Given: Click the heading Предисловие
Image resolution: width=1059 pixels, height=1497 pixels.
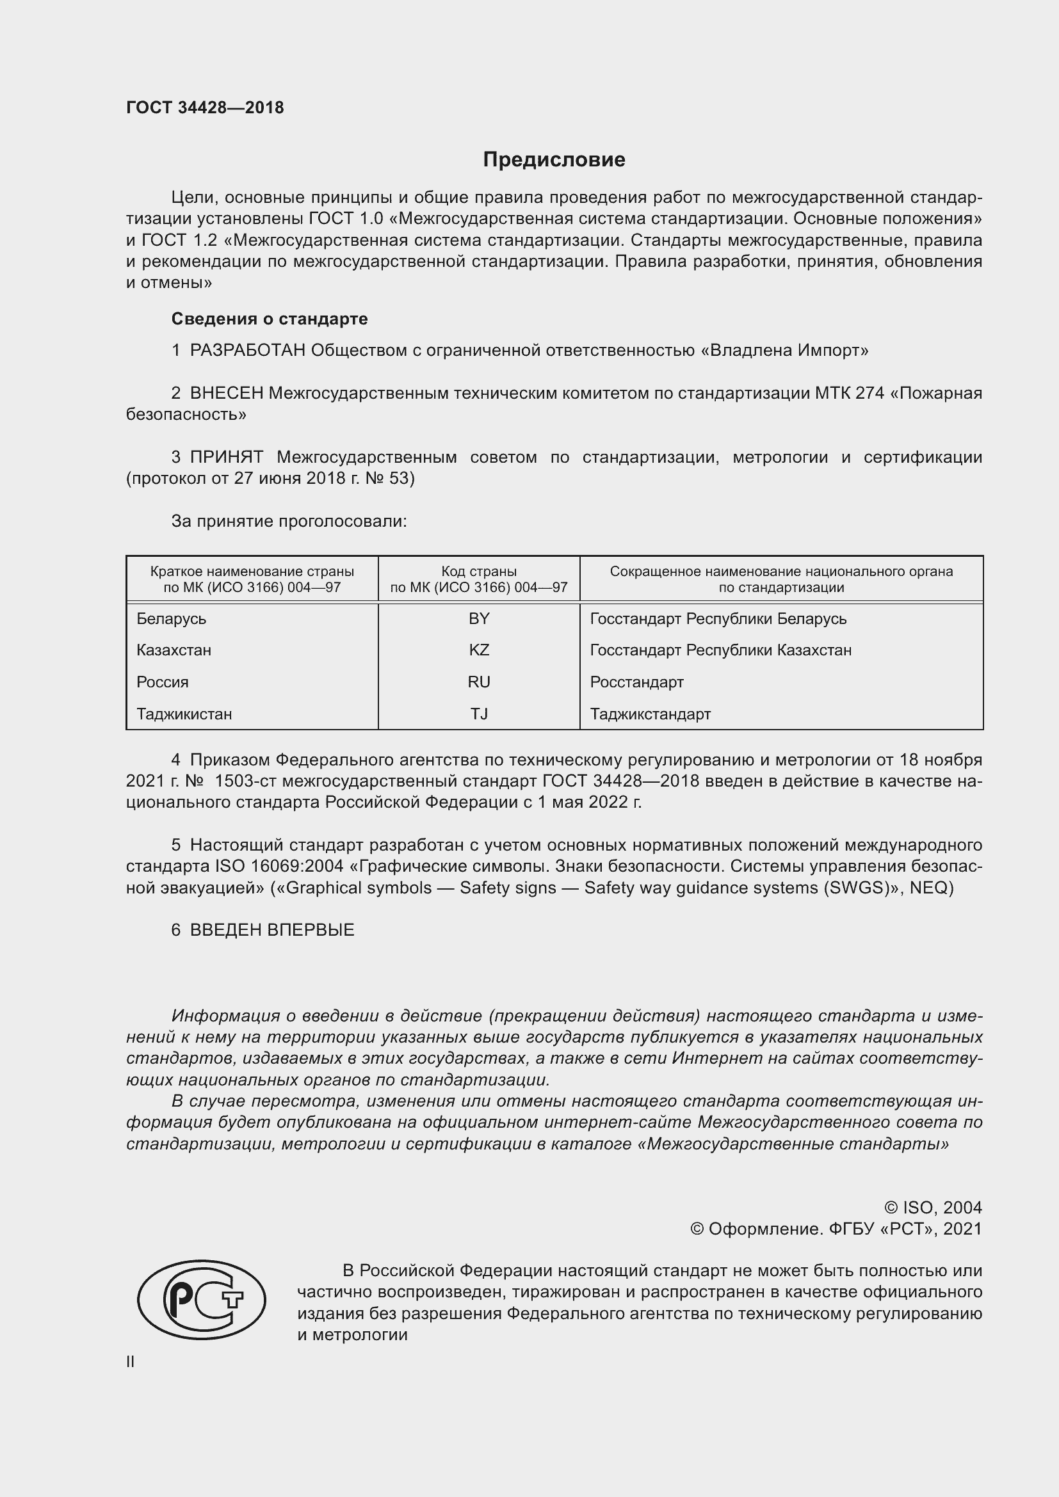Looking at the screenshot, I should click(x=554, y=160).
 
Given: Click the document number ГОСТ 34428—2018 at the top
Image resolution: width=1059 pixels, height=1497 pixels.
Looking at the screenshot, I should click(x=205, y=108).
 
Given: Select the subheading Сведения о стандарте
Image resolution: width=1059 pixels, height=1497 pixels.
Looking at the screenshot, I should click(x=270, y=319).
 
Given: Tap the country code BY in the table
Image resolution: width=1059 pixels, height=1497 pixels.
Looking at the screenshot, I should click(x=479, y=619).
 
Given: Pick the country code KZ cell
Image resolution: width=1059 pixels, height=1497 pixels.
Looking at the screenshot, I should click(x=479, y=650).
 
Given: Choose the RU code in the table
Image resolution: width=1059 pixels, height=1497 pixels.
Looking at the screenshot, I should click(x=479, y=682).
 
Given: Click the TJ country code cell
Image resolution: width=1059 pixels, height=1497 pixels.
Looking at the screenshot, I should click(x=479, y=714).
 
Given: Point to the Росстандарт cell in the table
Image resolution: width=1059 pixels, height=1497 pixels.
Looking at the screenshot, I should click(x=636, y=682).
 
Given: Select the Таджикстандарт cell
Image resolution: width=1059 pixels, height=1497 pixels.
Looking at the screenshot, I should click(x=650, y=714).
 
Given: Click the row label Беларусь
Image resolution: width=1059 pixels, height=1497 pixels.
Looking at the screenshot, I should click(x=172, y=619).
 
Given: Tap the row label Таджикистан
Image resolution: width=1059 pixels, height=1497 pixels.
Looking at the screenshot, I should click(x=184, y=714).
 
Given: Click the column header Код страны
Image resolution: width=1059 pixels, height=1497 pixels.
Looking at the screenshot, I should click(x=479, y=572).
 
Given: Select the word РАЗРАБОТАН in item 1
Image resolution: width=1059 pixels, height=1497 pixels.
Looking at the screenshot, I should click(x=247, y=351).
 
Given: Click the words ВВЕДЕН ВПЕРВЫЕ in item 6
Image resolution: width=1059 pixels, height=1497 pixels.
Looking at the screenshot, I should click(x=272, y=931).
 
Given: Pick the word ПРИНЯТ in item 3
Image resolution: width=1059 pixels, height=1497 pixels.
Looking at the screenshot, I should click(x=227, y=457).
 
